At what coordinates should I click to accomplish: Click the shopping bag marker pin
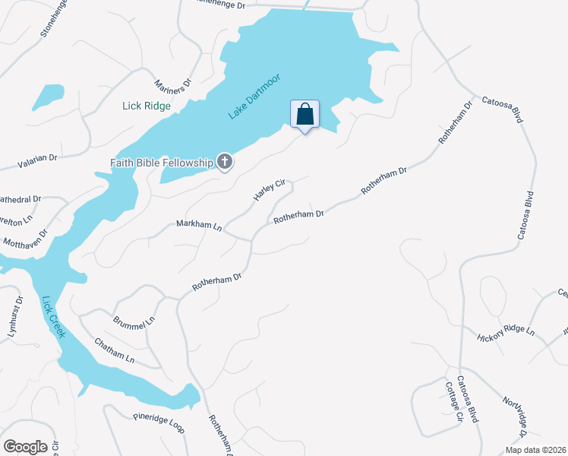(x=305, y=115)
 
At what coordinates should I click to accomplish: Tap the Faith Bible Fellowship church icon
(x=225, y=161)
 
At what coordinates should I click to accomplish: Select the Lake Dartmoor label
(x=254, y=96)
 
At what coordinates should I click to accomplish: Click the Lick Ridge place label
(x=147, y=106)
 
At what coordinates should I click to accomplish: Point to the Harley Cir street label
(x=269, y=191)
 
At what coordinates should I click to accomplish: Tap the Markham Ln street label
(x=198, y=226)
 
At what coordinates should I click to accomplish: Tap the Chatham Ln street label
(x=115, y=350)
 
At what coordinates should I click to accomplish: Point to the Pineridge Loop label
(x=159, y=423)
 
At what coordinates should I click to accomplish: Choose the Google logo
(x=25, y=447)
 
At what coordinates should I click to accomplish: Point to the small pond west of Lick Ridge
(x=47, y=97)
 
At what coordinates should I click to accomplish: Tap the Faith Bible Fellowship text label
(x=160, y=162)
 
